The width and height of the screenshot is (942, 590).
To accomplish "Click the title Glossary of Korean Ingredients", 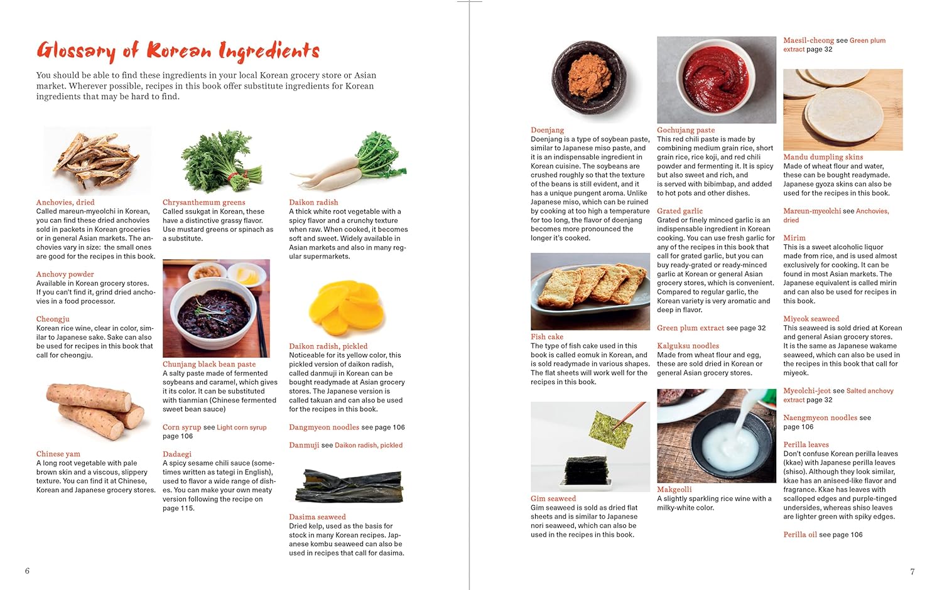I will click(x=178, y=50).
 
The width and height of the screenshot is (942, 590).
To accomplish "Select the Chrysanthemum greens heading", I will click(x=203, y=202).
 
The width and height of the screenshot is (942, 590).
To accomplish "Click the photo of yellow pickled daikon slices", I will click(x=347, y=308).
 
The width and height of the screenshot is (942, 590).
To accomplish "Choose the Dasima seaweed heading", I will click(x=317, y=517).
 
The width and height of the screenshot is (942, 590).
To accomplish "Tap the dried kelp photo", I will click(x=349, y=487).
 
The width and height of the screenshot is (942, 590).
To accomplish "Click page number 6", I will click(x=27, y=571).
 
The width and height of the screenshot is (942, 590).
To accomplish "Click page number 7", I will click(x=912, y=572).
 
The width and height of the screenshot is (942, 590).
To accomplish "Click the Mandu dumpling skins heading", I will click(x=823, y=157).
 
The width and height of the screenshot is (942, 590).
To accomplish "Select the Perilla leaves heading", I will click(x=806, y=444).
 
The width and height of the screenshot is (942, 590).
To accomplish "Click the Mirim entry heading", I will click(x=794, y=238).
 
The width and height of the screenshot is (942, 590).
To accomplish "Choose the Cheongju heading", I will click(x=53, y=319).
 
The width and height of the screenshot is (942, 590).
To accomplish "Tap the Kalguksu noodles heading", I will click(x=688, y=346).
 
